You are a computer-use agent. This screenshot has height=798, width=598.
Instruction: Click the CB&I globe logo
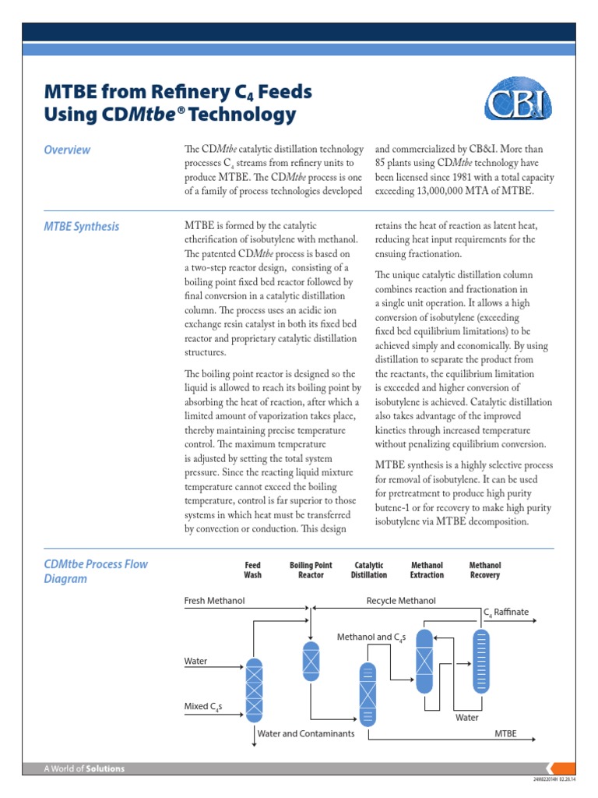519,103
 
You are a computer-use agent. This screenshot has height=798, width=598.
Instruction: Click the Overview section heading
67,150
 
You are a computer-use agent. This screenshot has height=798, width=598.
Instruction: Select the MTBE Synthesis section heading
82,226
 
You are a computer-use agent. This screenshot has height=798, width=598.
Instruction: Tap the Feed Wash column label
252,570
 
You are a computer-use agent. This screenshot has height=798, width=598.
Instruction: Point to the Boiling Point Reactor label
311,570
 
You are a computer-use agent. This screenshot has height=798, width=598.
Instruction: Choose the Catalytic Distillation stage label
369,570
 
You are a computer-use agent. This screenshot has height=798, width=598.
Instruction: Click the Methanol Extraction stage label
427,570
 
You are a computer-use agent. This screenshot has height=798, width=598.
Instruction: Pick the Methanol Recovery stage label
484,570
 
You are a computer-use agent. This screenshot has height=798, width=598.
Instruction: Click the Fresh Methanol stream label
214,601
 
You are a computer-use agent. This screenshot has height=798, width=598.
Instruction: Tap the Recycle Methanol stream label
401,601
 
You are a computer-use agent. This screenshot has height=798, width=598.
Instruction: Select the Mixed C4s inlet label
203,707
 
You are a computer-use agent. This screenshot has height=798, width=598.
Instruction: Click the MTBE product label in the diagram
505,733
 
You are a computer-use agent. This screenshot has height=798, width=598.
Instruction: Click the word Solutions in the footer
104,769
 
